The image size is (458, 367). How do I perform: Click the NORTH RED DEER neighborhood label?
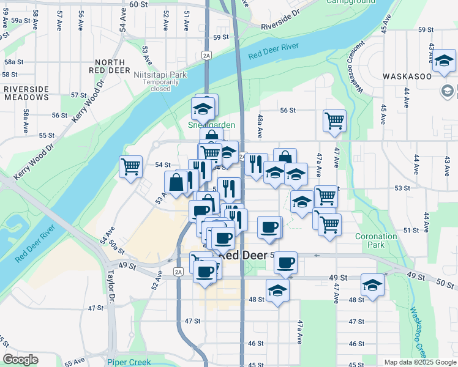point(110,67)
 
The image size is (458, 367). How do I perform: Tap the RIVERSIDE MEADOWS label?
point(26,93)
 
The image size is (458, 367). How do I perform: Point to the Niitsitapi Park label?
point(160,75)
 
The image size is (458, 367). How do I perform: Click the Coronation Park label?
point(376,240)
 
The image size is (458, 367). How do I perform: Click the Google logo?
point(21,360)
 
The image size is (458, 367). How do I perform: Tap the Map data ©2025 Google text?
point(421,362)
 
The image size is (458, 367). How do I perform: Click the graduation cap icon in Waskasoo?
point(445,61)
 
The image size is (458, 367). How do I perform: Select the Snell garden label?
point(211,125)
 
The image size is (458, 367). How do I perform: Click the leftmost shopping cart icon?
point(130,166)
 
